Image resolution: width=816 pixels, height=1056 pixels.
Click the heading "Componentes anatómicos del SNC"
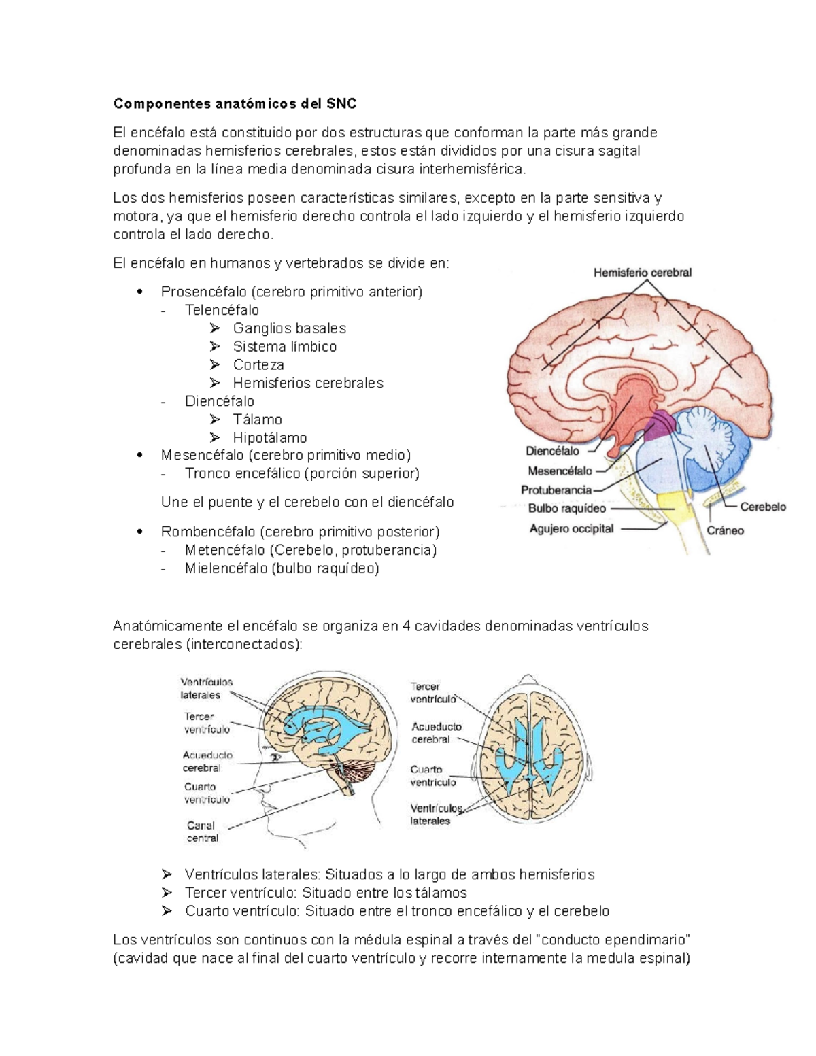click(235, 104)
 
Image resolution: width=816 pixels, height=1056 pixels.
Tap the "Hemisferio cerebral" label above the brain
click(642, 273)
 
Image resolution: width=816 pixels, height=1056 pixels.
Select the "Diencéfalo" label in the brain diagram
click(552, 451)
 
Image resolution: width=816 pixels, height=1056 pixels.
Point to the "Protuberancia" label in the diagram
click(556, 490)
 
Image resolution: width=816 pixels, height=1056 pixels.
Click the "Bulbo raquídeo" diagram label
click(566, 508)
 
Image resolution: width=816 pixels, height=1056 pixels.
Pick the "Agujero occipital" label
click(571, 528)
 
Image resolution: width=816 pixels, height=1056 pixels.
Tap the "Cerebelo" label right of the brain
click(762, 507)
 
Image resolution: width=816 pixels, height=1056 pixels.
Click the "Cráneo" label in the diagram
click(725, 530)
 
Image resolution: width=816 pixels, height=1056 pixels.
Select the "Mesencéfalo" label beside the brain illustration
click(559, 471)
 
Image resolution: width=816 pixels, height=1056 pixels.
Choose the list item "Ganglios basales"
click(289, 328)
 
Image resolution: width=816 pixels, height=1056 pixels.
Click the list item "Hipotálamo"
click(270, 438)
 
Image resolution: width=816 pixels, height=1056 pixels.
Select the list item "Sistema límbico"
click(284, 347)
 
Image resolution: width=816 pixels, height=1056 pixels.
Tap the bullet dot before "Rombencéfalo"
click(139, 531)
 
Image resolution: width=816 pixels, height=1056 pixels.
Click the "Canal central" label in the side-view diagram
click(202, 832)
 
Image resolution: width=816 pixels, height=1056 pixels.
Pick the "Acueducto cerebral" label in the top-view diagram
click(435, 733)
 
